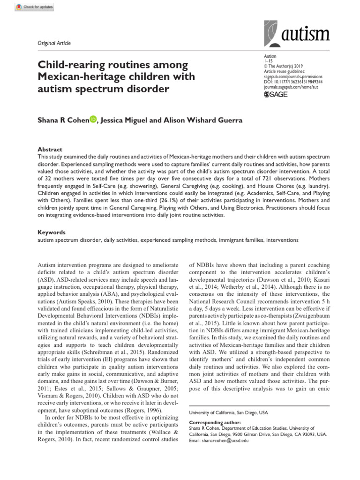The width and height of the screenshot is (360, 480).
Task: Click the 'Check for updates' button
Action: click(x=35, y=7)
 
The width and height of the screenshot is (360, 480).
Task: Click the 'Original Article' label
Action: click(x=54, y=43)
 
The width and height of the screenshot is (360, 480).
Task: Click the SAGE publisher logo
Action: click(x=276, y=94)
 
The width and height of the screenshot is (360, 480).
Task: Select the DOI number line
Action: click(x=293, y=81)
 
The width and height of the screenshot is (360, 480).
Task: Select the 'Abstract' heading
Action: click(x=49, y=149)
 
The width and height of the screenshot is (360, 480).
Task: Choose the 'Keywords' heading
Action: click(x=51, y=232)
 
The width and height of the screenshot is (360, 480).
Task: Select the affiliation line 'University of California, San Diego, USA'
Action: click(x=228, y=412)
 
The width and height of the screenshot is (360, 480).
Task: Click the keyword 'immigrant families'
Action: click(x=239, y=240)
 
